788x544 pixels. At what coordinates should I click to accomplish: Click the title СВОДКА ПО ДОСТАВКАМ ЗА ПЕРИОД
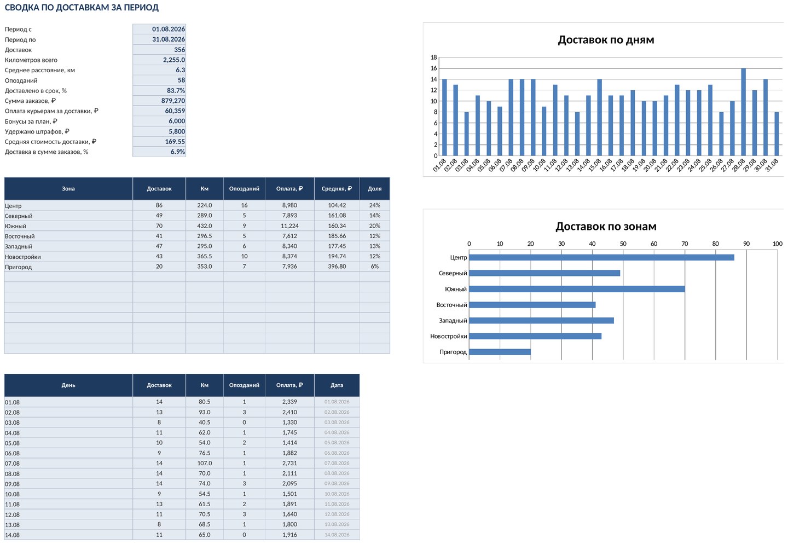[82, 8]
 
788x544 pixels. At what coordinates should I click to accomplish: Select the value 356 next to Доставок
[179, 50]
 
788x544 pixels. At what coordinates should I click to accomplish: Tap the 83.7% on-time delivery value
[176, 90]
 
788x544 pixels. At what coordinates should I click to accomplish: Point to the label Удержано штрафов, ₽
[37, 131]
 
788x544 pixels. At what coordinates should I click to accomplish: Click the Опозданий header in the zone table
[244, 189]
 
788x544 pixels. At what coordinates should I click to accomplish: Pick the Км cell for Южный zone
[205, 225]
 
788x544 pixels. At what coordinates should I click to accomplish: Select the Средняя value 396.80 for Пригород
[337, 267]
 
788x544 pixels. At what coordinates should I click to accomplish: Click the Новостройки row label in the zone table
[23, 257]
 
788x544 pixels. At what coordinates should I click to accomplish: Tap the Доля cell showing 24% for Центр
[375, 205]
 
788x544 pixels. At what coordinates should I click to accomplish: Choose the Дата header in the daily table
[337, 385]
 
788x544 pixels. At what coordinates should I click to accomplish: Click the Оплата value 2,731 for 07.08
[289, 463]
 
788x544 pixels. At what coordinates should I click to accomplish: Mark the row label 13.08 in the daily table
[12, 525]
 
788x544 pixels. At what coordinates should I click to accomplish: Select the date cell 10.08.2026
[337, 494]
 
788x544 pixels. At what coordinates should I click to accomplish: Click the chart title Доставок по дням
[606, 40]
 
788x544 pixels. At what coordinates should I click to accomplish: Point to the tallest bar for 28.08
[743, 112]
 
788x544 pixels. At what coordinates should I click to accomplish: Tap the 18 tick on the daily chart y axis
[434, 57]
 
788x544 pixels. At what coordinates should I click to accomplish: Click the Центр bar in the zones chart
[601, 257]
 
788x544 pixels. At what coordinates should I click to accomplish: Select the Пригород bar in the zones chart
[500, 352]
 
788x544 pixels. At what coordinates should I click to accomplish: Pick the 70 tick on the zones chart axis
[685, 244]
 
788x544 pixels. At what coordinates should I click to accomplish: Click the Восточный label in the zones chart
[451, 305]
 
